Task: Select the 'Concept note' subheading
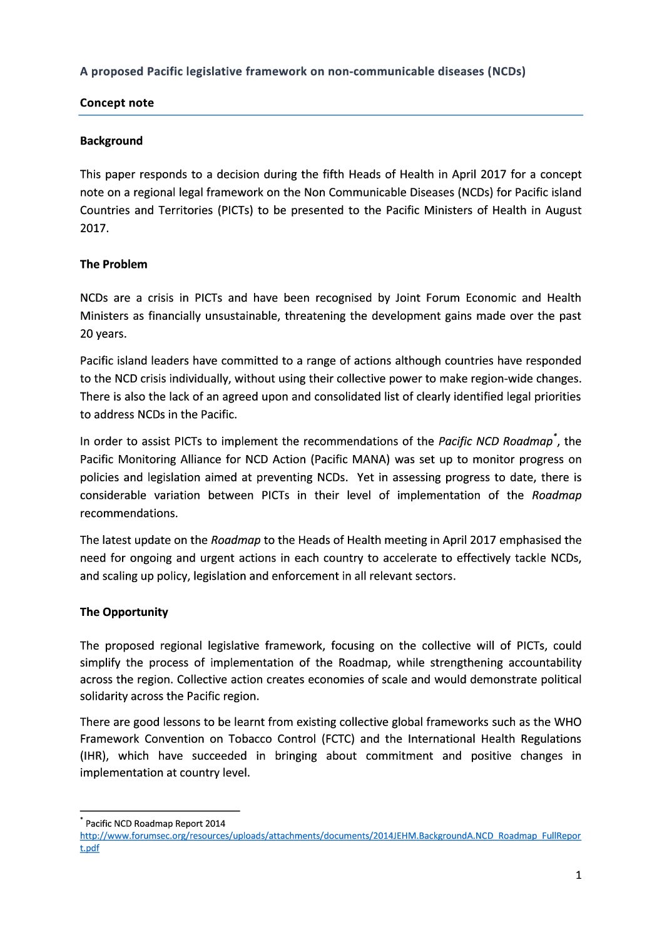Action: (116, 103)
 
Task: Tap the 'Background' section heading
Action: (111, 141)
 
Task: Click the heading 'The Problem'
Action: (113, 264)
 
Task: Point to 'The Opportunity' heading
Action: (123, 612)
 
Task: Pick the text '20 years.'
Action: (103, 334)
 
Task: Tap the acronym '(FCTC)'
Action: (338, 739)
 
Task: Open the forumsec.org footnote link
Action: (330, 836)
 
